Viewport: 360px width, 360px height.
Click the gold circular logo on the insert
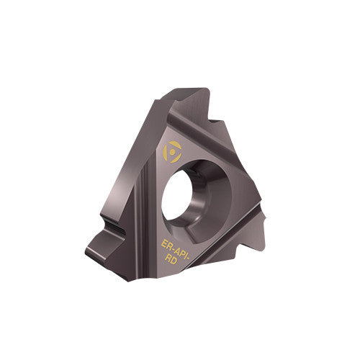[x=174, y=151]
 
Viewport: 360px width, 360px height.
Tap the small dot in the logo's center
[x=174, y=151]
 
